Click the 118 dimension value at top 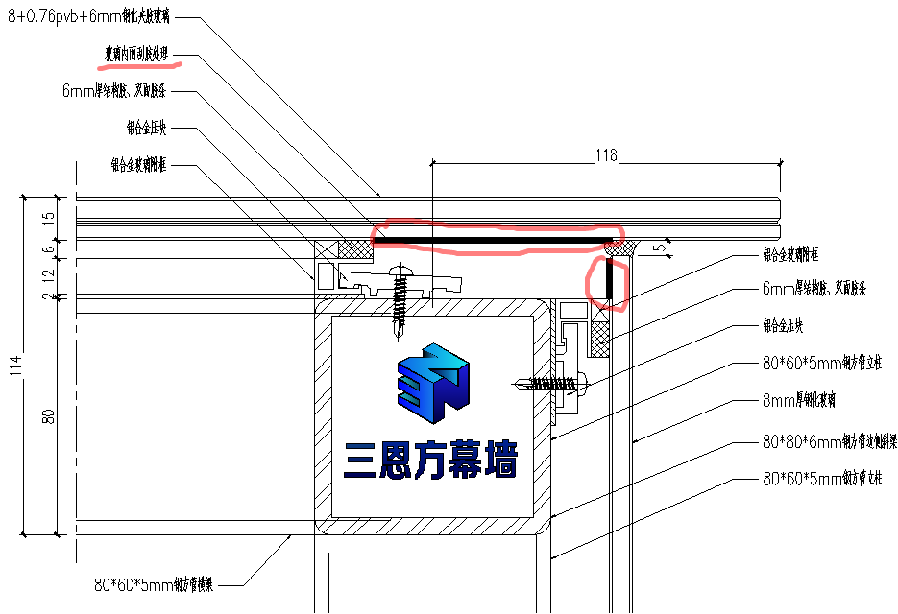coord(606,154)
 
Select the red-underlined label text coord(136,56)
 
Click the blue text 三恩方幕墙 coord(430,460)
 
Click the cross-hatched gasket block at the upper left coord(356,248)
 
